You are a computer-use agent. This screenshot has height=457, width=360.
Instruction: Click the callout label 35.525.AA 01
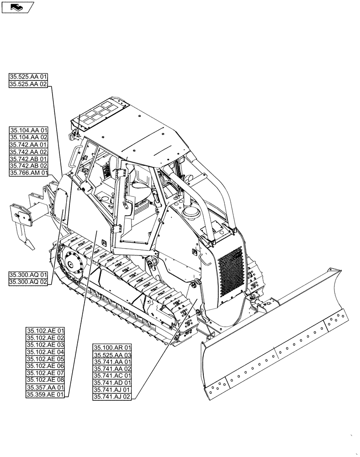point(28,77)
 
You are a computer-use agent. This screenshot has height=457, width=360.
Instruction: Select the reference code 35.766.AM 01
point(28,173)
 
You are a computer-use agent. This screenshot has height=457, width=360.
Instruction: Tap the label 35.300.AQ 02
point(28,282)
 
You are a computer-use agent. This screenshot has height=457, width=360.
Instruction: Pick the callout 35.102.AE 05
point(45,359)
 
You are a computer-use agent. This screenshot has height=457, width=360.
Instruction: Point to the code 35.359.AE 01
point(45,394)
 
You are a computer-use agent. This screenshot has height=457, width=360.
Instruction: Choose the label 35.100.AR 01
point(112,348)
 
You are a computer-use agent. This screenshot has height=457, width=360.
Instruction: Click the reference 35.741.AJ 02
point(112,397)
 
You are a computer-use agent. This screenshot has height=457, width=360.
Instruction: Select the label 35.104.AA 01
point(28,130)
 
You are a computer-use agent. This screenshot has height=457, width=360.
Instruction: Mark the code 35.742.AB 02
point(28,166)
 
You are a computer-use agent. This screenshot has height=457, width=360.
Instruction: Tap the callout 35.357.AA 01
point(45,387)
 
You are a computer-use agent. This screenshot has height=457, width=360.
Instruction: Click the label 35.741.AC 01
point(112,376)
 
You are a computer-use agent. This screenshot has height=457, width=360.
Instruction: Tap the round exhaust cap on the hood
point(189,211)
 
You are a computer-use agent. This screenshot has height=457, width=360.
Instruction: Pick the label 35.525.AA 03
point(112,355)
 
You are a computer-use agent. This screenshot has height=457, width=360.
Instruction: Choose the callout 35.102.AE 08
point(45,380)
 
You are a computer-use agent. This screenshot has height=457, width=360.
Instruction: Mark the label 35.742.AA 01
point(28,144)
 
